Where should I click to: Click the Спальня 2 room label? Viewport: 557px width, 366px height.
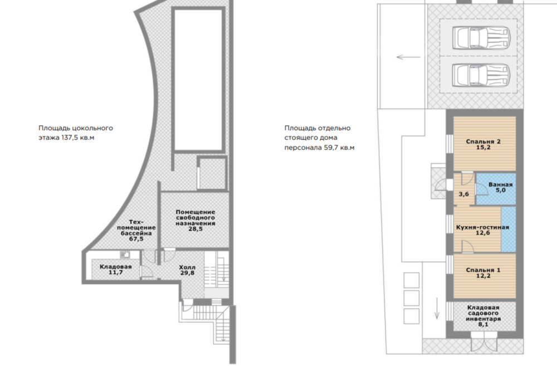click(x=483, y=142)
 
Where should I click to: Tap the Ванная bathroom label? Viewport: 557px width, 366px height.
click(x=501, y=185)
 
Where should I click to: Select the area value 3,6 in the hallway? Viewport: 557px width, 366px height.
click(x=463, y=194)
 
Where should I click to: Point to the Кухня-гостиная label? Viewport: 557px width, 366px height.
click(x=482, y=227)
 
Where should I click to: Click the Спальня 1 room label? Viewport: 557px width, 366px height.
click(x=483, y=270)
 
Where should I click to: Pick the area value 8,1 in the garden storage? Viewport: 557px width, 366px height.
click(x=483, y=324)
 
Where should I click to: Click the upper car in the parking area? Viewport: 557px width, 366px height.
click(x=481, y=37)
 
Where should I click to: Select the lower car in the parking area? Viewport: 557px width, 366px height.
click(x=481, y=75)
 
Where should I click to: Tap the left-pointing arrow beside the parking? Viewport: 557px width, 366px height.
click(x=408, y=57)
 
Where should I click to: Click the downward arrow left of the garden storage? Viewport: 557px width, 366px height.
click(x=437, y=308)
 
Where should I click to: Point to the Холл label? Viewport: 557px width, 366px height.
click(x=187, y=267)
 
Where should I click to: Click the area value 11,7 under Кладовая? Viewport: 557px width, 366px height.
click(x=116, y=272)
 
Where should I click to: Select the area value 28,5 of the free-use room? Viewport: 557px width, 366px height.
click(x=196, y=229)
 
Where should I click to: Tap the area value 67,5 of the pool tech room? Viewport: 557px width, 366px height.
click(x=136, y=239)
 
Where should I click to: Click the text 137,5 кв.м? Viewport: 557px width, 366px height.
click(x=78, y=138)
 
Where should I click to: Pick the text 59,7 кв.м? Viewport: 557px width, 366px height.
click(x=339, y=148)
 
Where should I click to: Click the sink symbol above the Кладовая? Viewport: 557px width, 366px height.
click(x=125, y=254)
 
